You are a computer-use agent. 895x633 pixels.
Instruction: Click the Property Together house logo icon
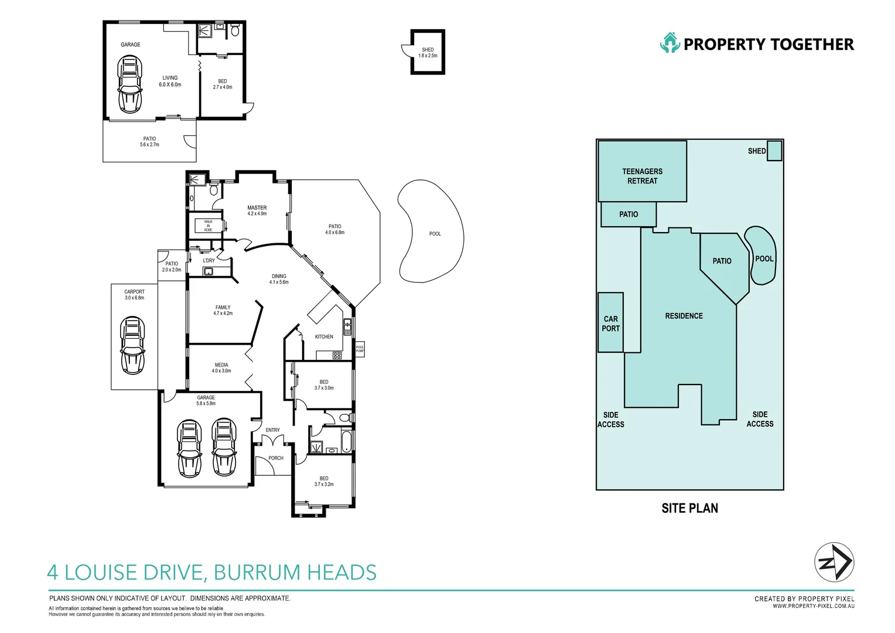pos(669,43)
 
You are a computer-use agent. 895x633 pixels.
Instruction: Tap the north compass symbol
pos(834,563)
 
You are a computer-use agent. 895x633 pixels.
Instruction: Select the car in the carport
pos(133,345)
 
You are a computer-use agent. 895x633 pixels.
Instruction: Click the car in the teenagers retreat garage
pos(130,84)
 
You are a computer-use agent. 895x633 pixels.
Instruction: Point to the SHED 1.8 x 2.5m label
pos(428,53)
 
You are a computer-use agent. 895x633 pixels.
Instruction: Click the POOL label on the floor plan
pos(435,234)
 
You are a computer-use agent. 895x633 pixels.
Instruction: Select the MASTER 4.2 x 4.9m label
pos(257,210)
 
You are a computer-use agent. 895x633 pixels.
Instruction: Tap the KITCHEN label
pos(324,337)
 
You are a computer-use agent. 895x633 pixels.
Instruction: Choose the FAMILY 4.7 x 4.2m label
pos(223,310)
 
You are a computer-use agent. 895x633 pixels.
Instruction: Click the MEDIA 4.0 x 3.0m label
pos(221,368)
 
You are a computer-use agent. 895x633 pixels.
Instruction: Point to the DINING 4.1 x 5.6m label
pos(279,279)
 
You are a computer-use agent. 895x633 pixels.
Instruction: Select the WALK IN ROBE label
pos(208,226)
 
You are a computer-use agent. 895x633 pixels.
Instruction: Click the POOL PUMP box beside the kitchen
pos(360,349)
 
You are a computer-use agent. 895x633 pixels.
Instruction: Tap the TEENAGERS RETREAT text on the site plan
pos(642,176)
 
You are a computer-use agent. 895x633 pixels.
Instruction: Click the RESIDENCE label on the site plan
pos(684,316)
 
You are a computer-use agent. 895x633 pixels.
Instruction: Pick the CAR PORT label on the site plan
pos(610,324)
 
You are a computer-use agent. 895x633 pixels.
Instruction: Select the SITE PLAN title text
pos(689,508)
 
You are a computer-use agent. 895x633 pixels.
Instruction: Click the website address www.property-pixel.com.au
pos(813,606)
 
